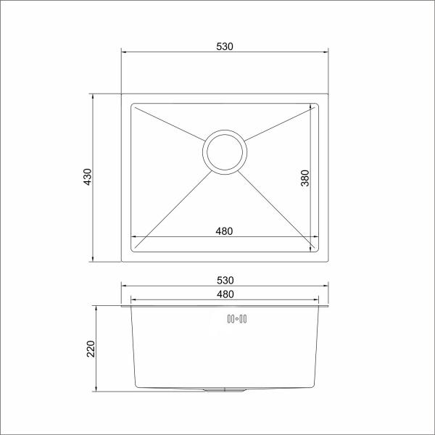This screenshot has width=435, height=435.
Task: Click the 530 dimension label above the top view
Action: pyautogui.click(x=225, y=46)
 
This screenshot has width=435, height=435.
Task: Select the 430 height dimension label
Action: pyautogui.click(x=88, y=177)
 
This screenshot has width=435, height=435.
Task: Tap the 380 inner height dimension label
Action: pyautogui.click(x=305, y=178)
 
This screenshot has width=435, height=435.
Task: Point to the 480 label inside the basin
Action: pyautogui.click(x=224, y=231)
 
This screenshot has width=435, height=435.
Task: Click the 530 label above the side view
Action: pyautogui.click(x=225, y=280)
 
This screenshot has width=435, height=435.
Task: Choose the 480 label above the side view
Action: pyautogui.click(x=225, y=294)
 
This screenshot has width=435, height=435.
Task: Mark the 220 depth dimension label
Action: pyautogui.click(x=91, y=349)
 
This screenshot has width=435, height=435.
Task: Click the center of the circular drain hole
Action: pyautogui.click(x=225, y=152)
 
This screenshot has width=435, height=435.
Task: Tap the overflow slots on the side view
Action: pyautogui.click(x=237, y=319)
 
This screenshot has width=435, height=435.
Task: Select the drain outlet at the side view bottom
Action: pyautogui.click(x=225, y=390)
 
